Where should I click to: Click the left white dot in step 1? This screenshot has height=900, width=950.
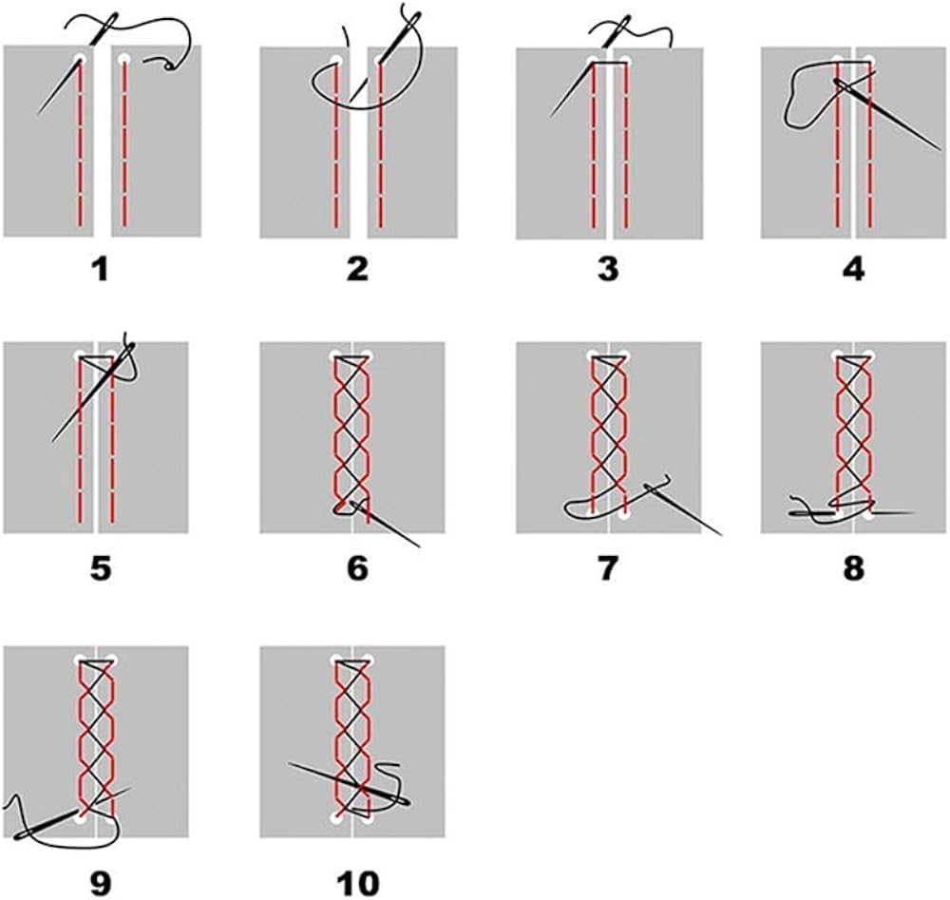(80, 60)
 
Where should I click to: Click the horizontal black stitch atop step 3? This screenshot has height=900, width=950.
(609, 64)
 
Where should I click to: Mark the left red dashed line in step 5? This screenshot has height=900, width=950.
(80, 447)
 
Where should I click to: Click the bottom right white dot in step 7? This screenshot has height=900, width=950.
(624, 515)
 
